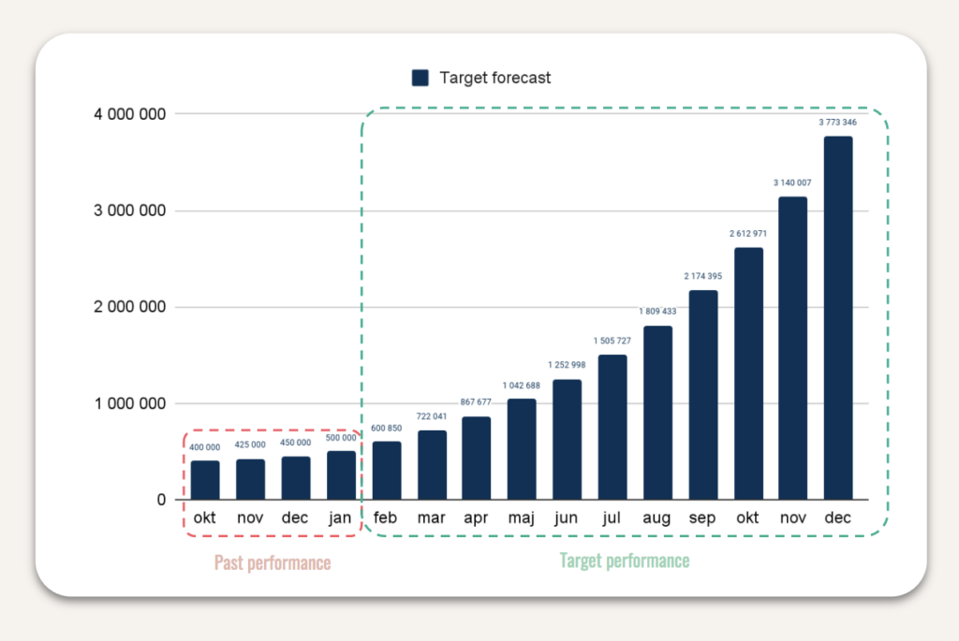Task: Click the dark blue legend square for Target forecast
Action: [420, 79]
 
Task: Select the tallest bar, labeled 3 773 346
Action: [838, 318]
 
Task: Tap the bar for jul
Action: [612, 428]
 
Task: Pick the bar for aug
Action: [657, 413]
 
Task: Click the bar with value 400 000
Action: [205, 480]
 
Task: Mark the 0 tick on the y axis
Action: [161, 500]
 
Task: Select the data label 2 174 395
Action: [702, 277]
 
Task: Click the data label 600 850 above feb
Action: [386, 428]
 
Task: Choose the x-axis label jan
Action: [341, 518]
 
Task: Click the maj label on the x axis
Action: [522, 518]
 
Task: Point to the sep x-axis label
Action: [702, 518]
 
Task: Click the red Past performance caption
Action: [272, 562]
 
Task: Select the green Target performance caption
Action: [624, 561]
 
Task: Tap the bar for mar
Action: [432, 465]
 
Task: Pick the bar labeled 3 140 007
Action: [793, 348]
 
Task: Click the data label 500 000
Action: [341, 437]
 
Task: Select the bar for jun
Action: [567, 440]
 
